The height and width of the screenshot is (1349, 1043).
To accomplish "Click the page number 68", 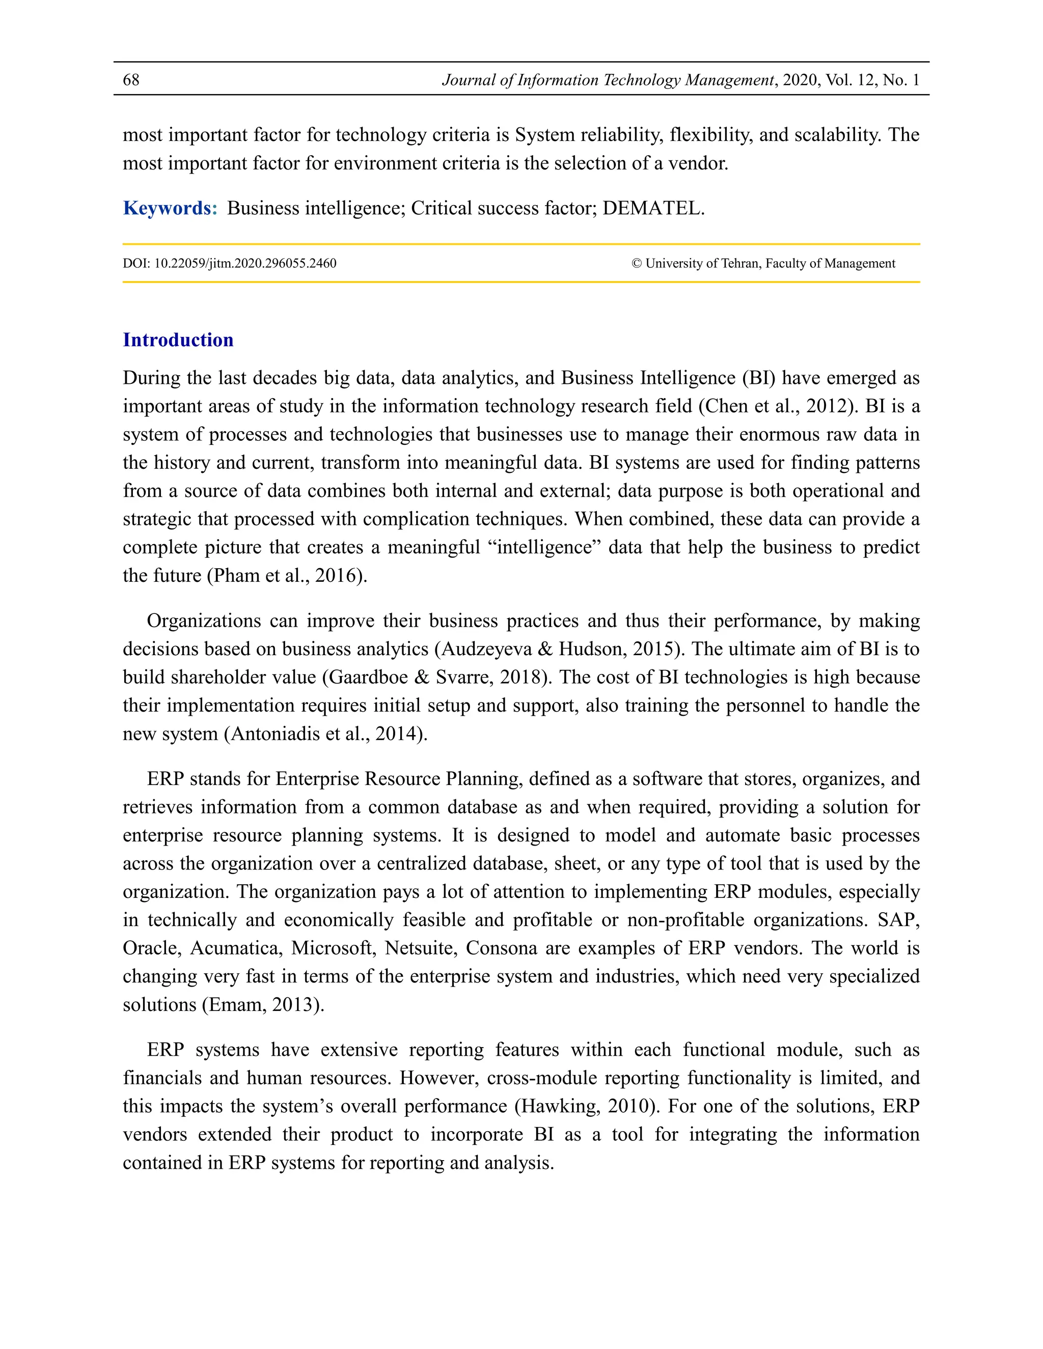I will point(131,80).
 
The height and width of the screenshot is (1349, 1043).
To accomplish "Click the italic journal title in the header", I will point(608,80).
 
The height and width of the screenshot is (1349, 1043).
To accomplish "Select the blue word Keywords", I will point(170,208).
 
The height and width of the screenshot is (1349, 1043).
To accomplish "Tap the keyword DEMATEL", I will point(652,208).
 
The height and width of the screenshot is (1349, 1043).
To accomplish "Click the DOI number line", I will point(229,263).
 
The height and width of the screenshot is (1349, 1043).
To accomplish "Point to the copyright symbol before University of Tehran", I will point(637,263).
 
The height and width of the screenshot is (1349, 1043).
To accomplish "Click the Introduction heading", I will point(178,340).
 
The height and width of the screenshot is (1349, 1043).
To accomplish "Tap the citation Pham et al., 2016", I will point(287,576).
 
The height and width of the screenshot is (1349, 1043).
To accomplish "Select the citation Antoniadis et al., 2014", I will point(325,734).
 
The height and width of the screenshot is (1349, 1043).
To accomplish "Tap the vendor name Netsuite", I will point(420,948).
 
